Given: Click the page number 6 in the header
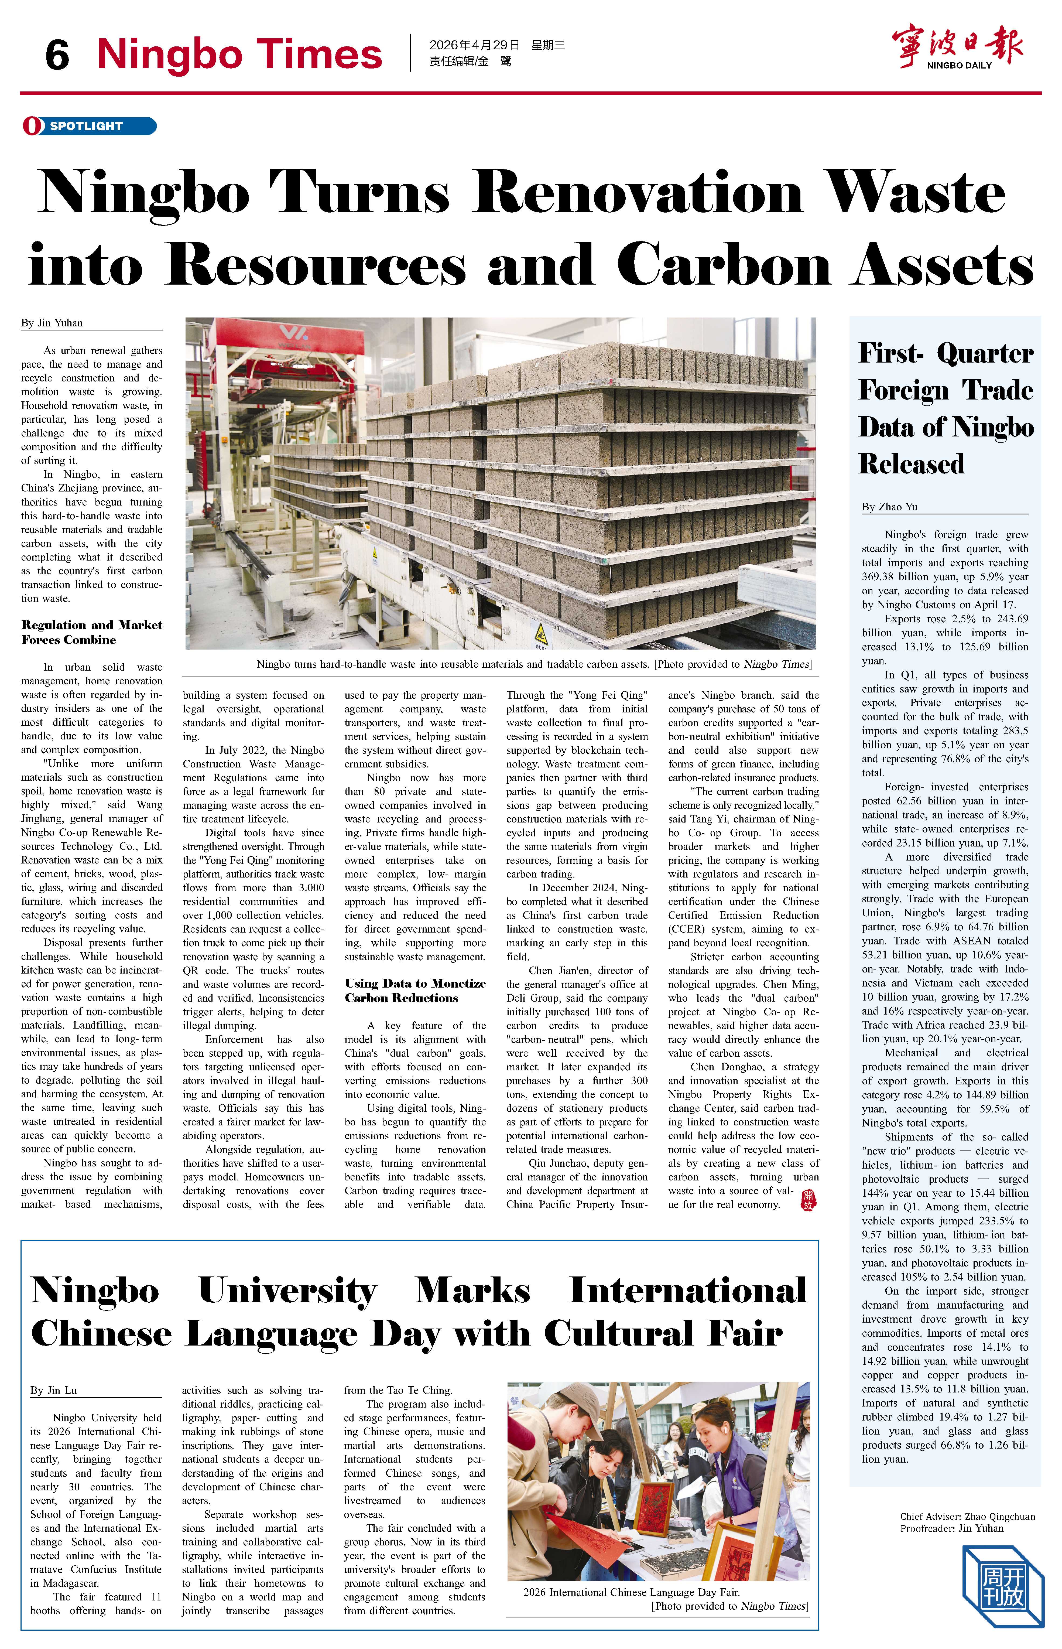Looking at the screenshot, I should pos(57,55).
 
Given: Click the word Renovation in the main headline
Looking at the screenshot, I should pos(638,193).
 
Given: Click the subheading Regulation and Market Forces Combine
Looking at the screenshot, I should pos(92,632).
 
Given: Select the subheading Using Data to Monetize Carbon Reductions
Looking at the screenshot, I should pos(415,990).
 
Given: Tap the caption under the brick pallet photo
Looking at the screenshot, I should pos(534,664).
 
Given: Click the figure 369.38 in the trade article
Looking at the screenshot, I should pos(881,576).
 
